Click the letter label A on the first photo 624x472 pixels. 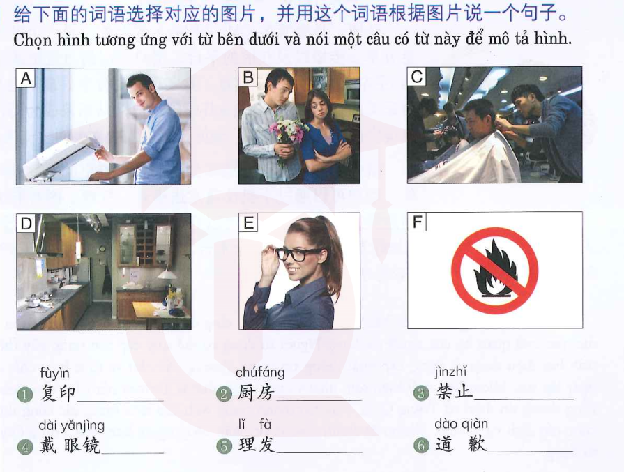click(x=26, y=78)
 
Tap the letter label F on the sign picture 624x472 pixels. click(x=417, y=222)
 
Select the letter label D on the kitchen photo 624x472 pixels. click(x=26, y=223)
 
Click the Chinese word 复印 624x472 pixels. click(x=57, y=394)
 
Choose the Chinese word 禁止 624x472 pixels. click(x=454, y=393)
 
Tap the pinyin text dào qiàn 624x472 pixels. click(x=461, y=425)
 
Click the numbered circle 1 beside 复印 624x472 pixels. click(x=25, y=395)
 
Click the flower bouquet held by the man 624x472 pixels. click(x=287, y=132)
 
